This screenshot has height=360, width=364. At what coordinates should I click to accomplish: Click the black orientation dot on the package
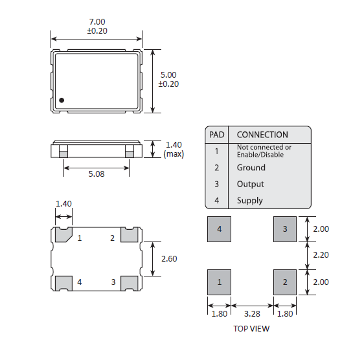[62, 100]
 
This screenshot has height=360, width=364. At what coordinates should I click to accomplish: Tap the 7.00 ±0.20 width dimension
[97, 27]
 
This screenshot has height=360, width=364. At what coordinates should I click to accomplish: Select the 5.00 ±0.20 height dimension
[168, 80]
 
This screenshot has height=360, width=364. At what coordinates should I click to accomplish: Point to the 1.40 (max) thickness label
[174, 150]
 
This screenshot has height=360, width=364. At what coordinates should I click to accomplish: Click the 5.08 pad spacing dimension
[97, 174]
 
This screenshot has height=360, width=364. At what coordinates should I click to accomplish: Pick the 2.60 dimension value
[169, 258]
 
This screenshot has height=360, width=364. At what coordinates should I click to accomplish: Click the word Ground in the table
[251, 168]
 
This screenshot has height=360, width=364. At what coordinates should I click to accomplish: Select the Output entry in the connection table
[250, 184]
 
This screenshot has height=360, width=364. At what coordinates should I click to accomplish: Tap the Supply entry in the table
[250, 201]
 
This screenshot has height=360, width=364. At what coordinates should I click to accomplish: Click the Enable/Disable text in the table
[260, 155]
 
